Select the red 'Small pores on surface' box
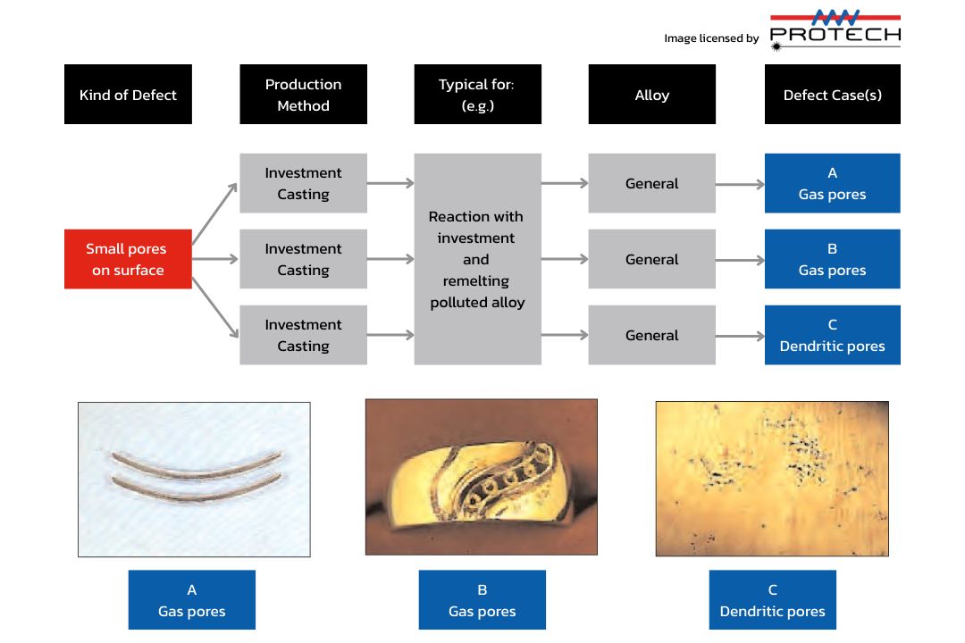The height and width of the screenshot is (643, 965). click(x=128, y=259)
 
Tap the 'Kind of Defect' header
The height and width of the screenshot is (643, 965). click(x=128, y=95)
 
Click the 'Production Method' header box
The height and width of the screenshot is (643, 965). click(x=303, y=95)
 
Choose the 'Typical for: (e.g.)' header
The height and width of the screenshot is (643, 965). click(x=477, y=95)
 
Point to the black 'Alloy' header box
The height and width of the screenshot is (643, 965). click(x=651, y=95)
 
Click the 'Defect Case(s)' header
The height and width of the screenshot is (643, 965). click(x=832, y=95)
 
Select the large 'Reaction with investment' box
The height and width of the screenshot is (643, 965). click(x=477, y=259)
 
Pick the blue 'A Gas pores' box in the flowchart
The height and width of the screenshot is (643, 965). click(x=832, y=183)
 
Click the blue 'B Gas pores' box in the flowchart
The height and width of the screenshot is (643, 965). click(x=832, y=259)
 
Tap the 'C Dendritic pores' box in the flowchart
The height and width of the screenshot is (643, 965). click(x=832, y=335)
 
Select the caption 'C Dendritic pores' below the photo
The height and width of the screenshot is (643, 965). click(x=772, y=600)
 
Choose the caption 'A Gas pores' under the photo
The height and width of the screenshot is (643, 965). click(x=191, y=600)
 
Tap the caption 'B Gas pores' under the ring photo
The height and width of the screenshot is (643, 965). click(x=482, y=600)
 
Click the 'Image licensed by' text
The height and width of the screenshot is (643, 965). click(x=711, y=38)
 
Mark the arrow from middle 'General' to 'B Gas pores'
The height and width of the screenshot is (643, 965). click(x=740, y=259)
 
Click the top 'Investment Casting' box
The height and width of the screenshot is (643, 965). click(x=303, y=183)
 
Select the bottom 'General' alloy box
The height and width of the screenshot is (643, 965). click(x=651, y=335)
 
